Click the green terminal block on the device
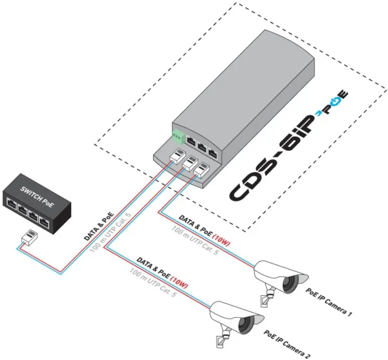[x=177, y=136]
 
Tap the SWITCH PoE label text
[x=36, y=191]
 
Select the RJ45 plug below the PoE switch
[x=28, y=237]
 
